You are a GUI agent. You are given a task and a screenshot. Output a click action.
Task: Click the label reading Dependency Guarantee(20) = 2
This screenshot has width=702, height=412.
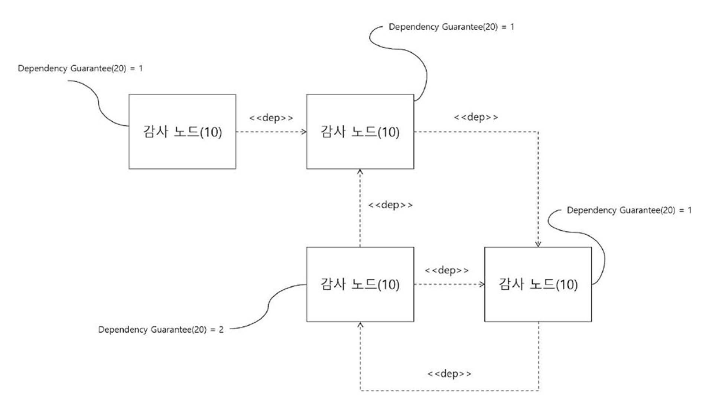[161, 330]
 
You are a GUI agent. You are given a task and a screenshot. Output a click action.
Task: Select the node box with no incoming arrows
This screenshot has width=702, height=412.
[182, 132]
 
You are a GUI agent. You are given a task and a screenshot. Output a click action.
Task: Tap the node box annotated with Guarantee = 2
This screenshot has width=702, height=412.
[360, 284]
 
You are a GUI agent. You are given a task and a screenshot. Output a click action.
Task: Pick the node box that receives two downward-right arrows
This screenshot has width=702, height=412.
[538, 284]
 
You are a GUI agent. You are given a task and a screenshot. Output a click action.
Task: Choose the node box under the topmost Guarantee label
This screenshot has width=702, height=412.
[360, 132]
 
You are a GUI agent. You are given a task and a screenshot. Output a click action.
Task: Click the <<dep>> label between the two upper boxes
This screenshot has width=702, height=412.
[271, 118]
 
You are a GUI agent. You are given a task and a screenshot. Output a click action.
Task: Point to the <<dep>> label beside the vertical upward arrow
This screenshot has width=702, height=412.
[390, 205]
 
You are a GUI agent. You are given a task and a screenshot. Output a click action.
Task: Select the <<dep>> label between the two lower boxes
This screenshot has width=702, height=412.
[447, 270]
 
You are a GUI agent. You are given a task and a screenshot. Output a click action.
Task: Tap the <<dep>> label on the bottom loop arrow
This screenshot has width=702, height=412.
[449, 373]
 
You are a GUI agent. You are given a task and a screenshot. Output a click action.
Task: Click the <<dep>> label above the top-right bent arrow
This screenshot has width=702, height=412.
[476, 117]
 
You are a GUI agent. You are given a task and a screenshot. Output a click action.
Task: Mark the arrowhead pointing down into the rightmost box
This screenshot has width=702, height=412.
[538, 244]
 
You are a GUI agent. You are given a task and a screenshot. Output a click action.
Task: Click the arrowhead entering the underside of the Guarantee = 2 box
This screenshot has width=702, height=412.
[360, 325]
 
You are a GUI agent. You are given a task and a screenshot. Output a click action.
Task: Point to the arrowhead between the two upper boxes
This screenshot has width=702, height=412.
[304, 132]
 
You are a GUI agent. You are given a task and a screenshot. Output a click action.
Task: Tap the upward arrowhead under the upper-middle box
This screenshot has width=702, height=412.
[360, 172]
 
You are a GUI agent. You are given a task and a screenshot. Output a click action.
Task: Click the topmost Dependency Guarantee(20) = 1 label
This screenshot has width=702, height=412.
[451, 27]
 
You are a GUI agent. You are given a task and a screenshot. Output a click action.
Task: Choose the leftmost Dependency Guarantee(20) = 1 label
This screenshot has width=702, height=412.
[80, 68]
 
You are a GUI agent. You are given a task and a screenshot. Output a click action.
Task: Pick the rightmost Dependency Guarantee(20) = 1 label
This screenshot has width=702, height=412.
[629, 210]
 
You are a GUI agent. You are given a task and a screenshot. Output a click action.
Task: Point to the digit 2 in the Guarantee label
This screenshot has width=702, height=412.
[221, 330]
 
